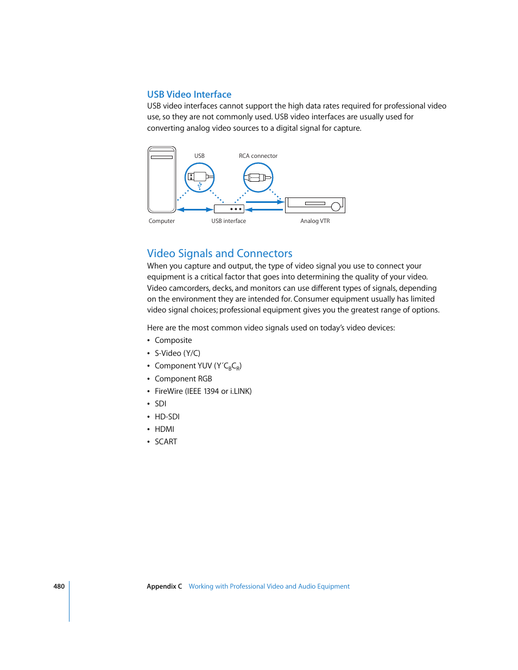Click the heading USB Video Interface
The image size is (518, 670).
click(189, 94)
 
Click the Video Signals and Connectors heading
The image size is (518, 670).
click(219, 253)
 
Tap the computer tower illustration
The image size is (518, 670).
click(162, 180)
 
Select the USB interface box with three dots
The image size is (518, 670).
click(229, 209)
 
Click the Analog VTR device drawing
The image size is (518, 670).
click(314, 205)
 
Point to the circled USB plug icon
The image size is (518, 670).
click(199, 177)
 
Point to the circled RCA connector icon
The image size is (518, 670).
click(258, 177)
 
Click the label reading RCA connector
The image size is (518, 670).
click(258, 156)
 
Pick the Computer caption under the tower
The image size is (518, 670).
click(162, 221)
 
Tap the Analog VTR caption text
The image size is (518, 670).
click(315, 221)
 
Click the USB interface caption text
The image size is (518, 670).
click(229, 221)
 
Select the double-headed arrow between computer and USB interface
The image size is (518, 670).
click(195, 209)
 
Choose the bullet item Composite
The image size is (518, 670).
click(173, 341)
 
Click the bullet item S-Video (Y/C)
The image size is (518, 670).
click(178, 353)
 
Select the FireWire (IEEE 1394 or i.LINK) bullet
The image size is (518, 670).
click(203, 391)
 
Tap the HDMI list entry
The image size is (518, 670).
click(165, 429)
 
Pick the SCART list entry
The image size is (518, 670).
click(166, 442)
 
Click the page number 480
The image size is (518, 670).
click(59, 586)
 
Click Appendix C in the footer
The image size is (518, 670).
click(164, 586)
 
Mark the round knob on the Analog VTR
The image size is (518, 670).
click(336, 206)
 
